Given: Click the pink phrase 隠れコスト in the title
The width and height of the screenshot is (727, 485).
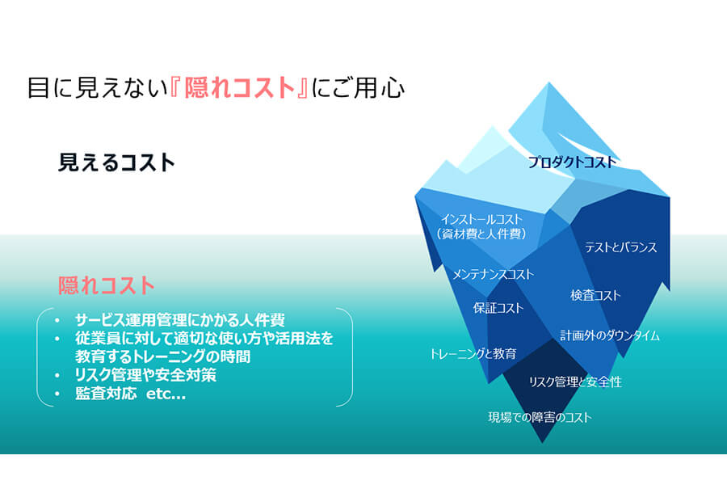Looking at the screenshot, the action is (x=240, y=88).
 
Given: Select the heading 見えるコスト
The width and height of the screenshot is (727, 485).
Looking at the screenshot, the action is (x=116, y=162).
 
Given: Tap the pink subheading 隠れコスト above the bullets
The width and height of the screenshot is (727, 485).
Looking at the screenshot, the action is (x=106, y=285).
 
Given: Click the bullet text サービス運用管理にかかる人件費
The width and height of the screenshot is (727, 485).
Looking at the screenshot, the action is (x=180, y=320).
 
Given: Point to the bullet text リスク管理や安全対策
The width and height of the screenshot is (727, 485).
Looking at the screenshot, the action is (x=145, y=375).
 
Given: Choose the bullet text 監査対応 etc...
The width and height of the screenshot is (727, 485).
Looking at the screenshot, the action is (x=130, y=394).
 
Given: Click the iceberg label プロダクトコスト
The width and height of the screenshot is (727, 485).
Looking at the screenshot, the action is (x=572, y=162).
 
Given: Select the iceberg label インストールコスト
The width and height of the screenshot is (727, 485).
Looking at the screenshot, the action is (x=481, y=219).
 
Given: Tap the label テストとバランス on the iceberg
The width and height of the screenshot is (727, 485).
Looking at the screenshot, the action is (x=621, y=247).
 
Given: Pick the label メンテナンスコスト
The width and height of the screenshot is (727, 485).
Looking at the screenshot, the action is (x=493, y=274).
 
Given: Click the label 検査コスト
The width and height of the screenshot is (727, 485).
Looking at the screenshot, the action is (x=595, y=295).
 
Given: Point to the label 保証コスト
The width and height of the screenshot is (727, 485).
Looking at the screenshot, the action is (x=498, y=308).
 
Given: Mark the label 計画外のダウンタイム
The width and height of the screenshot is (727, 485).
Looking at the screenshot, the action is (x=610, y=335).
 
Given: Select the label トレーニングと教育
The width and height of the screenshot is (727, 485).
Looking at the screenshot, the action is (x=473, y=354).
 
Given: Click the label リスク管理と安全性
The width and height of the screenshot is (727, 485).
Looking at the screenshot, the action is (x=575, y=382).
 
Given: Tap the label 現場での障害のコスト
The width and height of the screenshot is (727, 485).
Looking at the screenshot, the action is (x=540, y=417).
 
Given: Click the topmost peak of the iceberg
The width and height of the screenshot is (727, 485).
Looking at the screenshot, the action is (x=549, y=83).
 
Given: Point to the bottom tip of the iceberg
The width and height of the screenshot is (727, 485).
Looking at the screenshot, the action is (x=541, y=441).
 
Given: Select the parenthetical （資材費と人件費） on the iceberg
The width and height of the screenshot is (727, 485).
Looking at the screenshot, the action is (x=481, y=234).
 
